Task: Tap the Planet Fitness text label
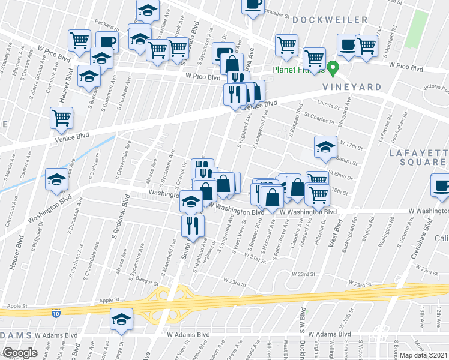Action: [x=297, y=69]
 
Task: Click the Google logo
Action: [x=20, y=353]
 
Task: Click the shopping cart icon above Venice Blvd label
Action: [x=61, y=118]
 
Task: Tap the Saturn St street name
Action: [x=348, y=162]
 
